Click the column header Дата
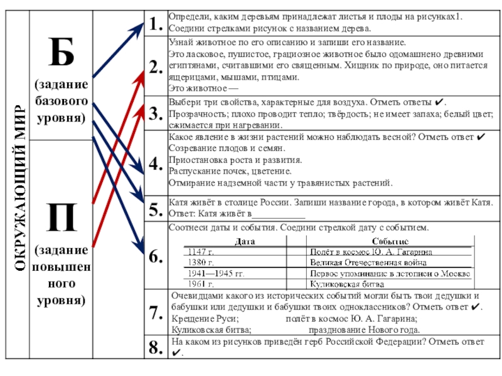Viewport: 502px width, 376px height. (x=245, y=241)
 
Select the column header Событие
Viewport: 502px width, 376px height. (x=390, y=241)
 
